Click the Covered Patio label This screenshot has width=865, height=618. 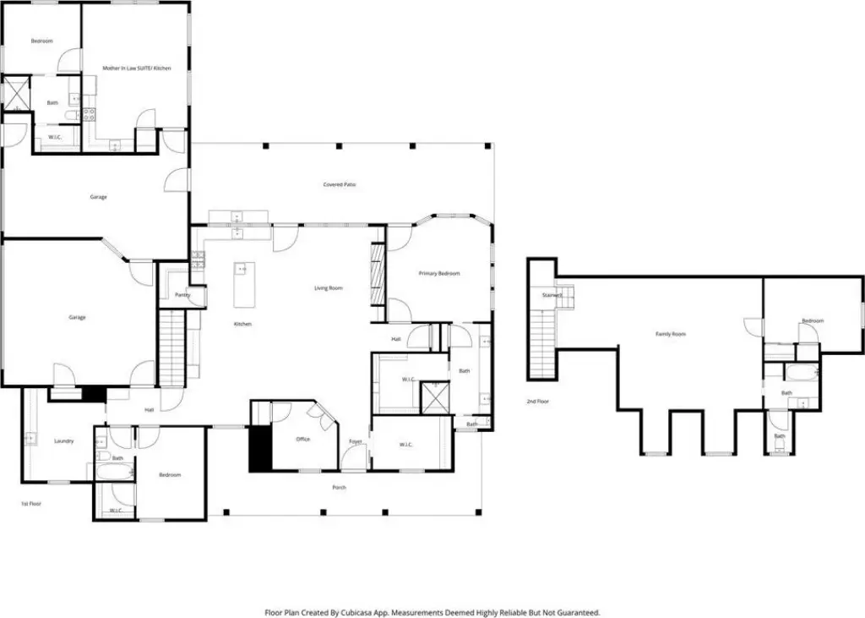(339, 184)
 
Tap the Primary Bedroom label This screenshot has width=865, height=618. (439, 273)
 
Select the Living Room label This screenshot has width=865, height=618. (329, 288)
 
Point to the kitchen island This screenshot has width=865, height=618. (242, 285)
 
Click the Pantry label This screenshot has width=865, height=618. (182, 295)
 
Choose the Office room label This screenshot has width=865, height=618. (302, 439)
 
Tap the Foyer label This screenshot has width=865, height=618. (356, 441)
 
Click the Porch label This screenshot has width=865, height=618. (339, 487)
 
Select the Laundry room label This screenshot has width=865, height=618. (64, 440)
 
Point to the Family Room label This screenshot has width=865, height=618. (671, 334)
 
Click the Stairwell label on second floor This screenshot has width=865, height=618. (552, 295)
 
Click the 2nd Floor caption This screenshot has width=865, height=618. (537, 401)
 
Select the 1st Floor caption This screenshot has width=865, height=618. (31, 503)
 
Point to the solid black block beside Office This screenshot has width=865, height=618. (258, 448)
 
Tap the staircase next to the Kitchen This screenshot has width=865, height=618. (171, 347)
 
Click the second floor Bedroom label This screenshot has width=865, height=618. (813, 320)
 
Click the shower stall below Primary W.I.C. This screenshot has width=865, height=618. (437, 397)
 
